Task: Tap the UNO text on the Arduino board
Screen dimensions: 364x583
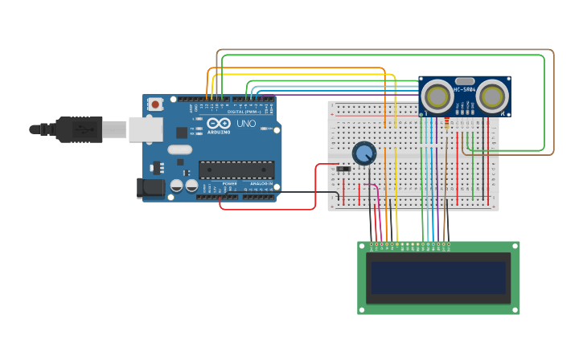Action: pos(245,125)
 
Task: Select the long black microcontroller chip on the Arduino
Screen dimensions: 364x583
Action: pos(236,170)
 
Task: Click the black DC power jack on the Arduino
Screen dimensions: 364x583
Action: pos(150,188)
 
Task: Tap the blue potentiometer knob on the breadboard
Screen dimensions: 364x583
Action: pos(364,153)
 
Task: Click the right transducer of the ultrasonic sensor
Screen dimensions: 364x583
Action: pos(492,96)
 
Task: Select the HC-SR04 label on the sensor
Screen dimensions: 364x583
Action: pos(465,90)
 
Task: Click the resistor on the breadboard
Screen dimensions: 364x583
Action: pos(446,123)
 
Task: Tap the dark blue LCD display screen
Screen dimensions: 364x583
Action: pos(438,278)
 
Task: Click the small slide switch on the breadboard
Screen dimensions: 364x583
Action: pos(343,169)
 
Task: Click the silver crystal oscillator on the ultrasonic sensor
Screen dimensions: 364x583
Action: pos(465,80)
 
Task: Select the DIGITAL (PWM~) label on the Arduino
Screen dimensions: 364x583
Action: pos(244,112)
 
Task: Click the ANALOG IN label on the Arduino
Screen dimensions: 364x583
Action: pos(261,184)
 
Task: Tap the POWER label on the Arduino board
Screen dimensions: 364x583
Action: pos(230,184)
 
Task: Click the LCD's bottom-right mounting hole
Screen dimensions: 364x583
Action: pos(515,309)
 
